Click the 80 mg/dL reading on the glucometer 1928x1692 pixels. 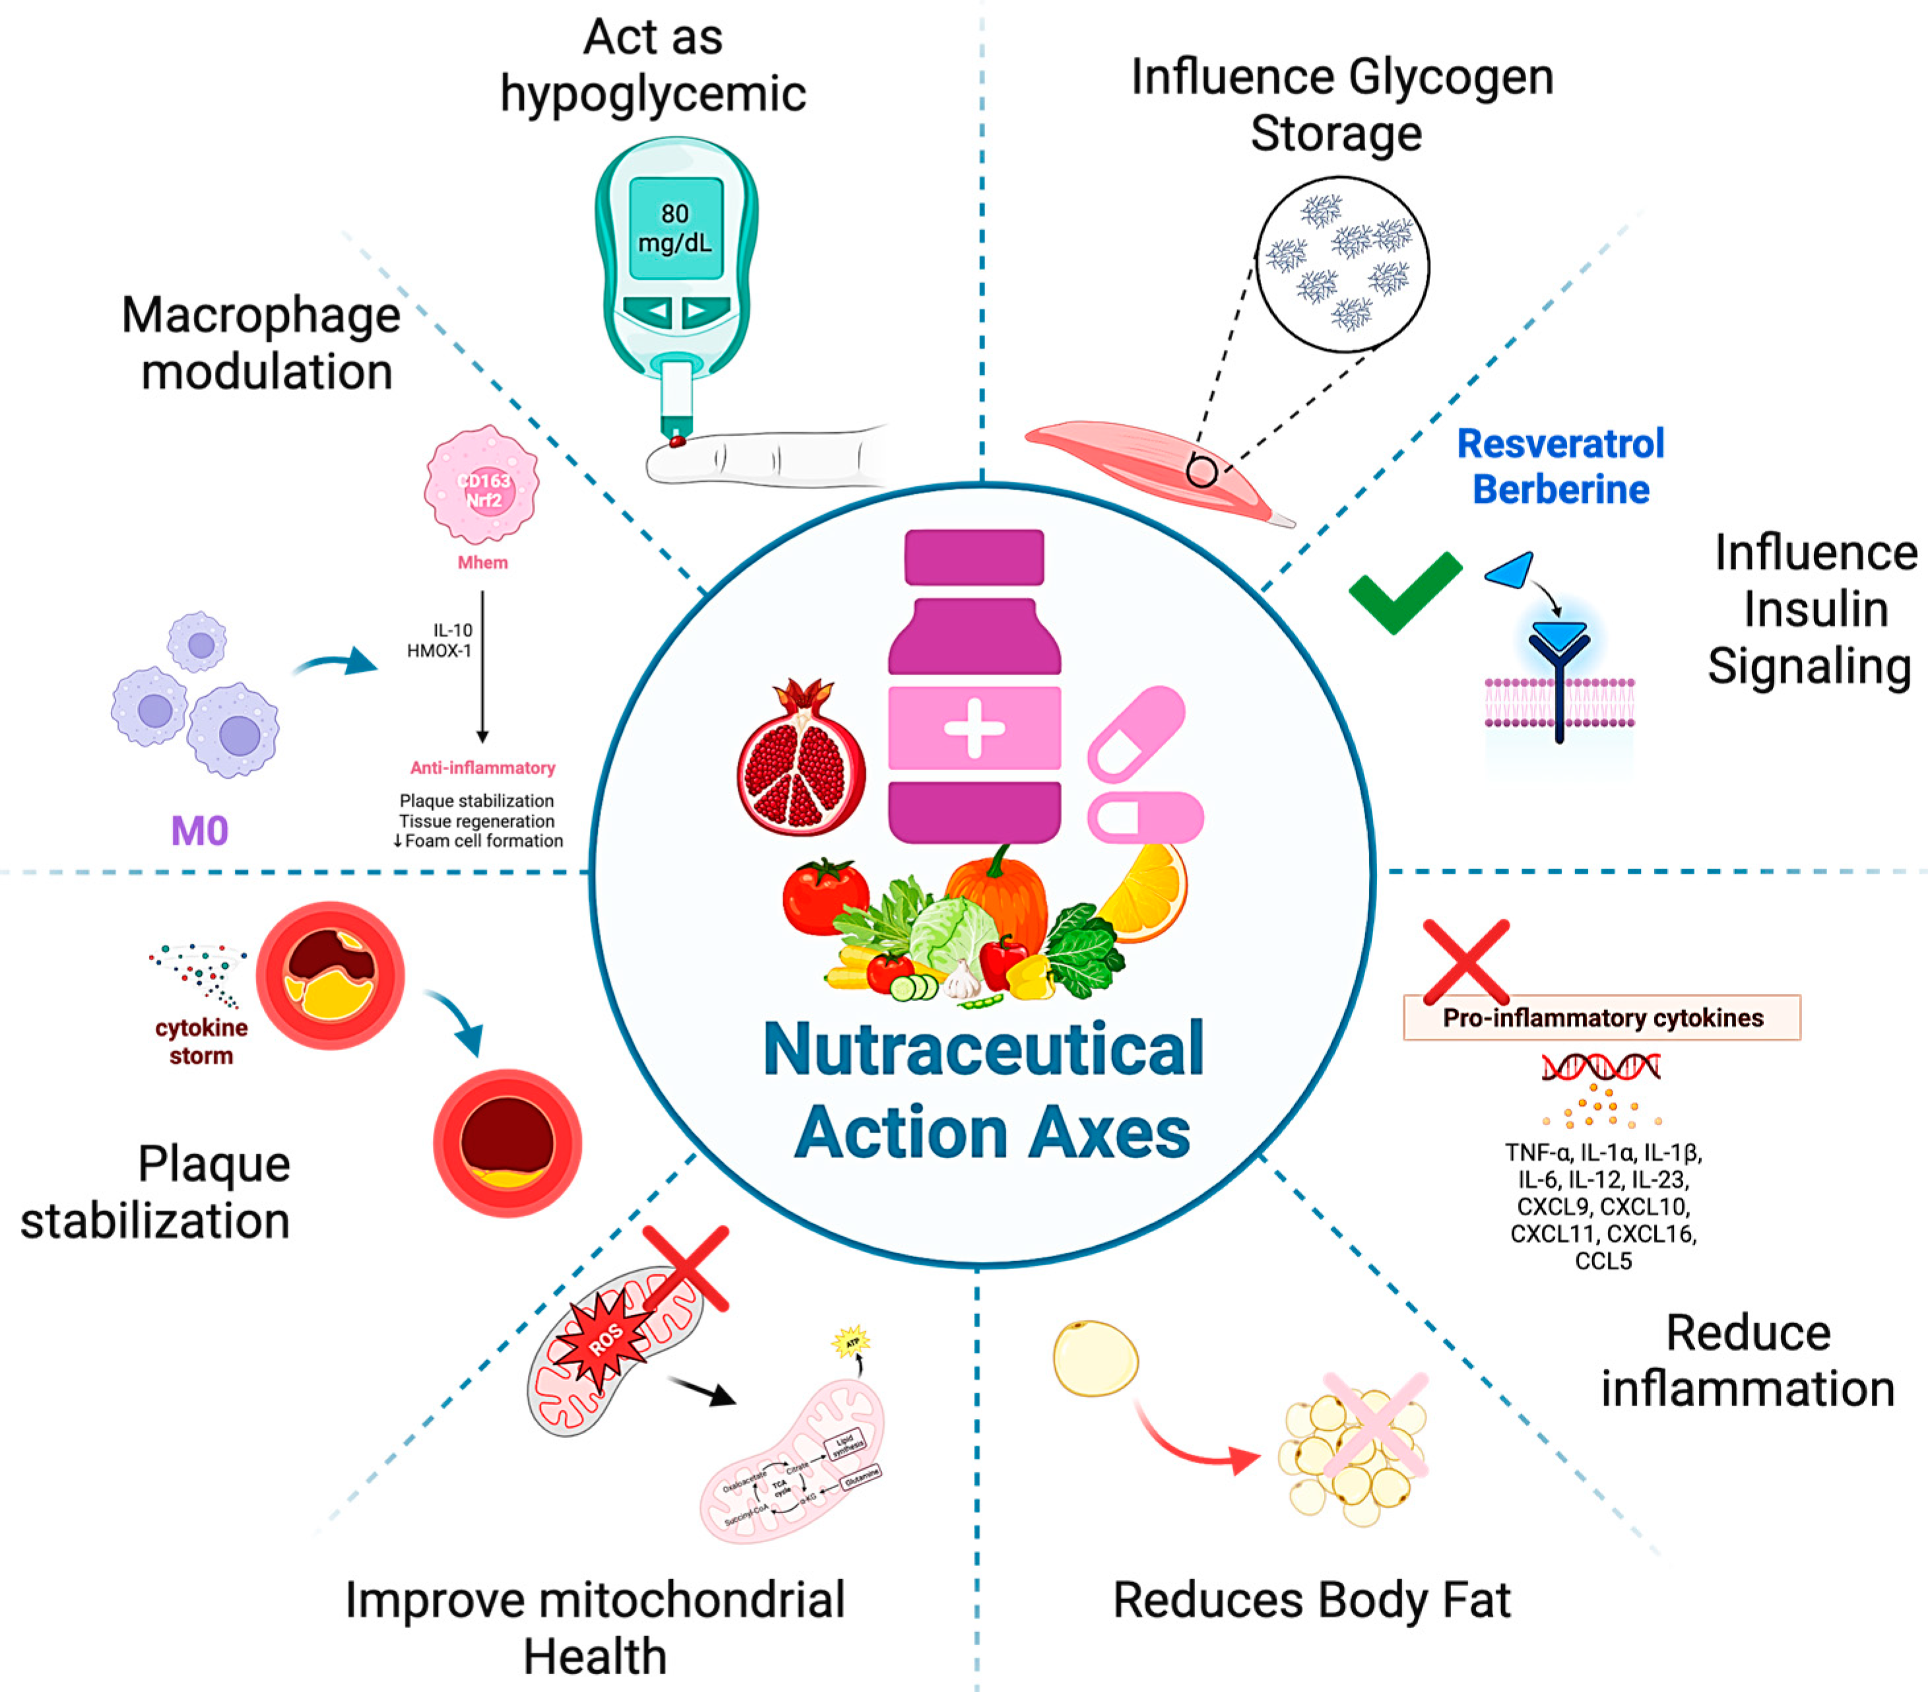tap(674, 228)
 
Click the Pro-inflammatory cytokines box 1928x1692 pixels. tap(1601, 1018)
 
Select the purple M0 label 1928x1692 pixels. tap(199, 831)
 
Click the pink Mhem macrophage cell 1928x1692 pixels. tap(482, 485)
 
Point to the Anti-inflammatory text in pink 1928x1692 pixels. tap(482, 767)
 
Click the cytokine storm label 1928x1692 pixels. tap(201, 1041)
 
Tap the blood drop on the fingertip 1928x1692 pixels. tap(676, 440)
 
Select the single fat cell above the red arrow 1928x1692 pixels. tap(1095, 1358)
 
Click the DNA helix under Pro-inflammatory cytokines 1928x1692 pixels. tap(1601, 1068)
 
